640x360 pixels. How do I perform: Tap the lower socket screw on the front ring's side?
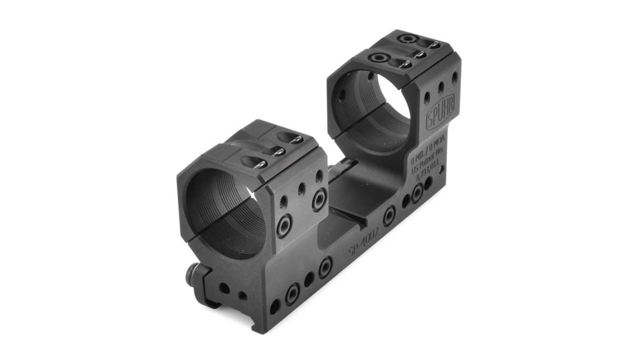coord(284,227)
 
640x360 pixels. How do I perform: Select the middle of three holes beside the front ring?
coord(302,190)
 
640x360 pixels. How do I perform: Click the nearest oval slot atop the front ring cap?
coord(252,162)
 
